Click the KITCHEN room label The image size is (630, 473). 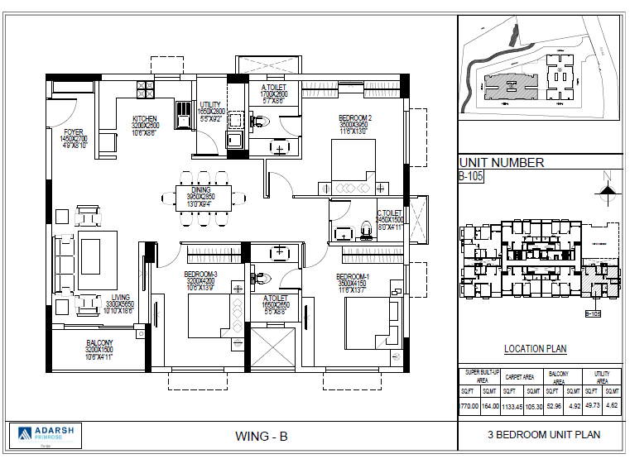[x=145, y=118]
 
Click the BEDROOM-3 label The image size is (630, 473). [x=200, y=274]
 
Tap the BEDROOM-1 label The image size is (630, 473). [x=353, y=276]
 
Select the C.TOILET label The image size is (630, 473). [x=389, y=213]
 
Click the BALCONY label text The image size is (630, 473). [x=99, y=342]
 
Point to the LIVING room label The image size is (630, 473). [x=121, y=298]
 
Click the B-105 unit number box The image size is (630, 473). [x=471, y=176]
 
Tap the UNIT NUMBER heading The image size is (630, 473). [x=502, y=163]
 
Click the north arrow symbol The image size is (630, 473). [x=608, y=188]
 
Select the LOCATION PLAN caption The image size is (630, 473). [x=536, y=349]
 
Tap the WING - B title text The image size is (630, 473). [x=262, y=436]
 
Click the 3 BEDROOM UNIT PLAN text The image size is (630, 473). [x=544, y=434]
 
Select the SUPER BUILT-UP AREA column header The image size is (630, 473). [x=479, y=375]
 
